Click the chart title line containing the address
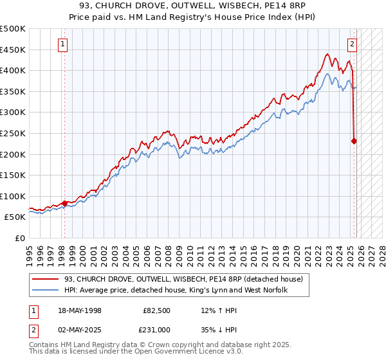[x=192, y=6]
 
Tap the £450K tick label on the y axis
[x=13, y=50]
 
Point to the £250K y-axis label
[x=13, y=133]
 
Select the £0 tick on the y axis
[x=21, y=238]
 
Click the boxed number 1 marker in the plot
[x=63, y=44]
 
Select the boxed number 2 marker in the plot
[x=353, y=44]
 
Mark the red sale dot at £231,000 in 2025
[x=354, y=141]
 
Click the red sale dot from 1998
[x=64, y=203]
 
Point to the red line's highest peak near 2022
[x=327, y=55]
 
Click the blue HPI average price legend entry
[x=175, y=291]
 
